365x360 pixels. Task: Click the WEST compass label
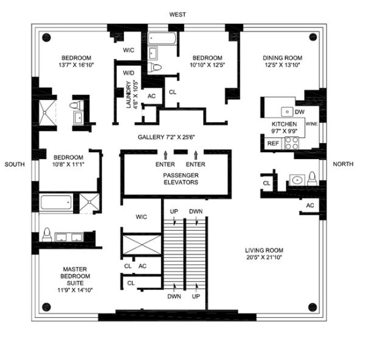click(178, 14)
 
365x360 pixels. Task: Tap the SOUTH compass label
click(15, 164)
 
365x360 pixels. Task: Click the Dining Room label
click(282, 58)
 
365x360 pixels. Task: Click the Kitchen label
click(284, 124)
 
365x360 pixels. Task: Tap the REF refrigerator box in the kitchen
click(273, 144)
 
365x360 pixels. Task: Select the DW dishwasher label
click(299, 112)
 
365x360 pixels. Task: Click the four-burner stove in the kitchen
click(291, 143)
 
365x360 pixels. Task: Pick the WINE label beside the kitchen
click(311, 124)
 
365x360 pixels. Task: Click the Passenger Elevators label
click(176, 178)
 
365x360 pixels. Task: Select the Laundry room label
click(129, 94)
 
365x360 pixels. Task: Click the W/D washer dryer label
click(128, 72)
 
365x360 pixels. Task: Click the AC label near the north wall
click(310, 205)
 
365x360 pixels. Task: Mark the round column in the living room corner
click(312, 306)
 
